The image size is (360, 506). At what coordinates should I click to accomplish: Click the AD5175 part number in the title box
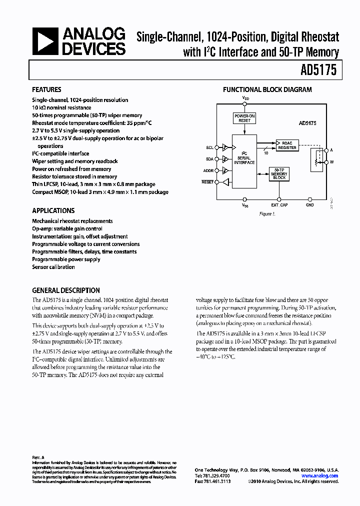pos(319,70)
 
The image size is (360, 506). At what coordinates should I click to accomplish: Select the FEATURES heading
pos(46,90)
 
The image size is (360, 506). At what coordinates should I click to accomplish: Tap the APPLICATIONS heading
pos(53,210)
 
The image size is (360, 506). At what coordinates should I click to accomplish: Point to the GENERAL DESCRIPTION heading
pos(65,290)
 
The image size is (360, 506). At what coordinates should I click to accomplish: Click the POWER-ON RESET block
pos(244,118)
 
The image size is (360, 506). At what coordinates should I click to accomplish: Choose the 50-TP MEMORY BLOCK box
pos(279,174)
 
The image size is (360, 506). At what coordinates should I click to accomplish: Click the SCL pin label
pos(209,147)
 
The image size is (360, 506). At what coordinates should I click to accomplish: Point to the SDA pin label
pos(209,159)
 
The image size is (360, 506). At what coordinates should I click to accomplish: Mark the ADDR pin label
pos(208,170)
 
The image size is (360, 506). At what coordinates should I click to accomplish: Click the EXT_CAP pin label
pos(279,205)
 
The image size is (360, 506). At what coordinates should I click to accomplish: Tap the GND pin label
pos(309,205)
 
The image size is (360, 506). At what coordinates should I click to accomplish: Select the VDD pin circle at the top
pos(244,103)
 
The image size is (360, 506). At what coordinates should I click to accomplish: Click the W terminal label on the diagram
pos(331,162)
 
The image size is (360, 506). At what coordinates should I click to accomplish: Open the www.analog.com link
pos(323,476)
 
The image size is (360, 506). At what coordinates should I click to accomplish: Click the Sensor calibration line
pos(53,267)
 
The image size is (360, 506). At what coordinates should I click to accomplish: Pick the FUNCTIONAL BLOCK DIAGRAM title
pos(267,90)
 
